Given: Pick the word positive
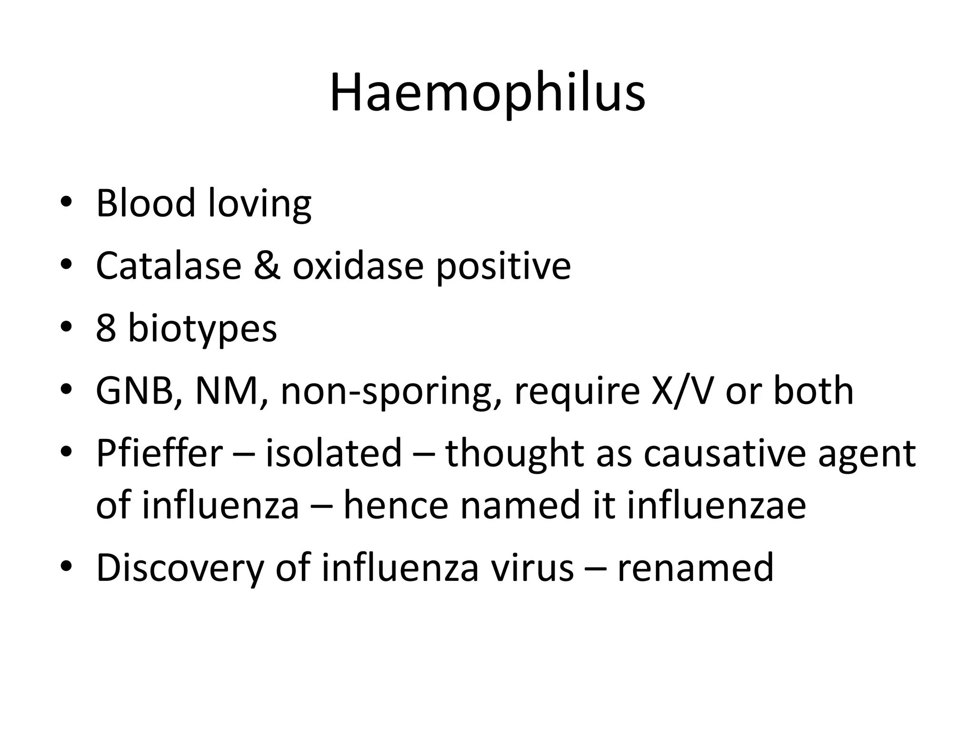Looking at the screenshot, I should (503, 267).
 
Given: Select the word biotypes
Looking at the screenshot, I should (202, 330).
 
